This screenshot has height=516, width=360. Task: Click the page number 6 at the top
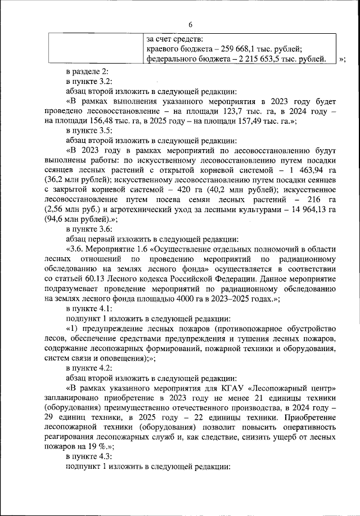[x=190, y=25]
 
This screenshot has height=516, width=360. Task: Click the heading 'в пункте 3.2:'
[x=88, y=82]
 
